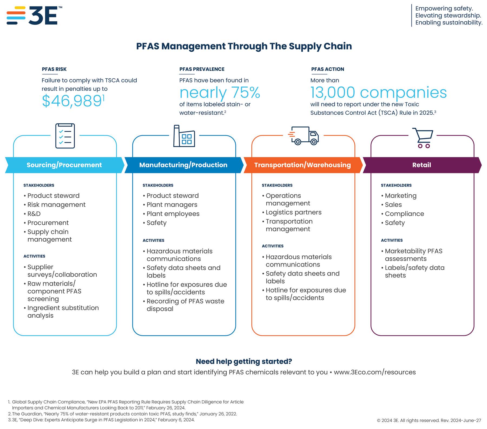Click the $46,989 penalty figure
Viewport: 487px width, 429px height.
pyautogui.click(x=72, y=101)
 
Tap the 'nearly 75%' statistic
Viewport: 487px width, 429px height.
pyautogui.click(x=219, y=93)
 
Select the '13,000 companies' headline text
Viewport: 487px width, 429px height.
pyautogui.click(x=378, y=93)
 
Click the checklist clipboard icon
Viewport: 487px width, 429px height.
pyautogui.click(x=65, y=136)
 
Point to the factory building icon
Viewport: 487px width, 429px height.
pyautogui.click(x=184, y=136)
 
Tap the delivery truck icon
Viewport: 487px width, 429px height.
pyautogui.click(x=304, y=136)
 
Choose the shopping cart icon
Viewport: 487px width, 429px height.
pyautogui.click(x=423, y=137)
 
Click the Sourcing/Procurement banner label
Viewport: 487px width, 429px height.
pyautogui.click(x=64, y=165)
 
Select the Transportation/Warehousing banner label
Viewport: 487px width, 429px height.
pyautogui.click(x=302, y=165)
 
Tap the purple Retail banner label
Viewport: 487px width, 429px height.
pyautogui.click(x=421, y=165)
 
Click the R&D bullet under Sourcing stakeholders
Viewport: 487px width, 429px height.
pyautogui.click(x=34, y=214)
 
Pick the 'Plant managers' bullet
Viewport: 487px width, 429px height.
pyautogui.click(x=172, y=205)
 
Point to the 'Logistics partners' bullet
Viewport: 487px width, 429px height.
pyautogui.click(x=293, y=212)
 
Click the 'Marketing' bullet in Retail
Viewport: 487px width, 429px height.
pyautogui.click(x=400, y=196)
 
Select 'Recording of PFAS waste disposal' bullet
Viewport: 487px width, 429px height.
pyautogui.click(x=185, y=305)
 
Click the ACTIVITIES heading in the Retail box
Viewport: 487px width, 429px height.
pyautogui.click(x=391, y=240)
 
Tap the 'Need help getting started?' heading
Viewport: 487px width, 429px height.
pyautogui.click(x=243, y=361)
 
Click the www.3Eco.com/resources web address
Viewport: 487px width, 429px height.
pyautogui.click(x=374, y=372)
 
